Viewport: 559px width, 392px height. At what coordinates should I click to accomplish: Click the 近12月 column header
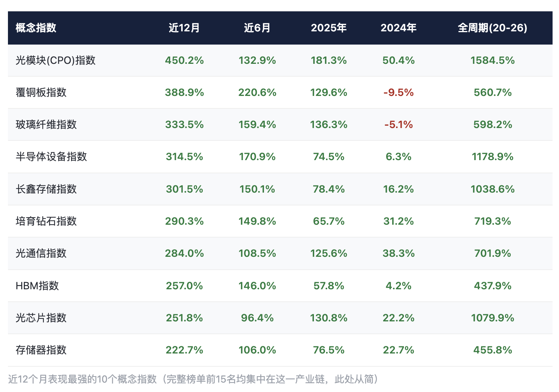(184, 28)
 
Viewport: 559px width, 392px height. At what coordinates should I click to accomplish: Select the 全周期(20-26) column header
(492, 28)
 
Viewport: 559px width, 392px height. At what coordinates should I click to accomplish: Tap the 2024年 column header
(398, 28)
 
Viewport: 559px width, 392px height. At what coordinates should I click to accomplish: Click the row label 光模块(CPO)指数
(55, 60)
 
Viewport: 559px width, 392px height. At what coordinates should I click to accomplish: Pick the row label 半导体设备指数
(51, 156)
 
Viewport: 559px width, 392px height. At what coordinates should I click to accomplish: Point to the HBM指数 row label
(37, 286)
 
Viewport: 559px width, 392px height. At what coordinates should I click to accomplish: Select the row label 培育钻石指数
(46, 221)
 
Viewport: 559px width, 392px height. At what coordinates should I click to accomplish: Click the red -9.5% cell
(398, 93)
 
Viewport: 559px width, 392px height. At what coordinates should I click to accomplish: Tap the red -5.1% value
(398, 125)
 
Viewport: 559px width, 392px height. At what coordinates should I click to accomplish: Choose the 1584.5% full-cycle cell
(492, 60)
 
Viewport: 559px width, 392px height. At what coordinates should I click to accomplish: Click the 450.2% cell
(184, 60)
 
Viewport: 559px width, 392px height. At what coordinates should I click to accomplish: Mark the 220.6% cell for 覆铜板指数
(257, 93)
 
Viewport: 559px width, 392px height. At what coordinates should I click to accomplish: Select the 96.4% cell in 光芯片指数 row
(257, 318)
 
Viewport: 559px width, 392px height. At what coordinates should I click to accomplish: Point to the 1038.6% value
(492, 189)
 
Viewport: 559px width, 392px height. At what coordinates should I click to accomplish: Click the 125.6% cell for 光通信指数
(328, 253)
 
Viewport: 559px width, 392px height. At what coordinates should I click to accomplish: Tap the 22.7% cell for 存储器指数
(398, 350)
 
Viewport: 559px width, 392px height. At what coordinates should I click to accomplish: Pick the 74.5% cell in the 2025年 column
(328, 156)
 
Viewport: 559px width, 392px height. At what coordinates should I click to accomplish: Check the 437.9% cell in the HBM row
(492, 286)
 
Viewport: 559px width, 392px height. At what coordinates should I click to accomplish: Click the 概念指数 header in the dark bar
(36, 28)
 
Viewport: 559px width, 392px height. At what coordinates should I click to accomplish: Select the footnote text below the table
(193, 379)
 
